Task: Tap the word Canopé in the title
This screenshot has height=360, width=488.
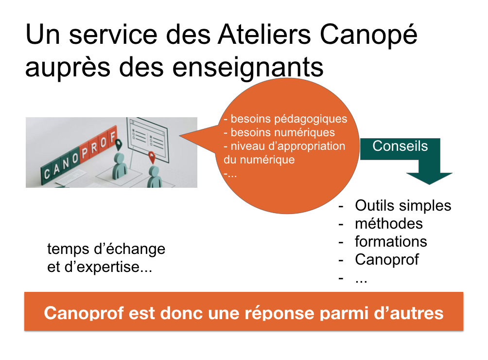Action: coord(368,36)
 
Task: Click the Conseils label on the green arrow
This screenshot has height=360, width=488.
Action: coord(400,146)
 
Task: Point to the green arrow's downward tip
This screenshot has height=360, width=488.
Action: coord(430,184)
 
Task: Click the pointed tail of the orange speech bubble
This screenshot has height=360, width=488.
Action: coord(180,135)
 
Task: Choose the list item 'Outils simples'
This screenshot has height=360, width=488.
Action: coord(403,205)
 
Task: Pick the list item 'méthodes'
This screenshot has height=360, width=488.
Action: coord(389,224)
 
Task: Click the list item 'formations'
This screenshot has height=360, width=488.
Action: coord(391,241)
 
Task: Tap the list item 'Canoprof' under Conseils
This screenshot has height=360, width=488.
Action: coord(387,259)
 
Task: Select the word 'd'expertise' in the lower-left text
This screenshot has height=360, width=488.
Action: coord(108,267)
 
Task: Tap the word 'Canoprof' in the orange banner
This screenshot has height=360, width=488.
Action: coord(84,313)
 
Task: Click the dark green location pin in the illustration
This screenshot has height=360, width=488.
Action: coord(118,145)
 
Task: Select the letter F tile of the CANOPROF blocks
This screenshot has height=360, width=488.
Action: coord(113,137)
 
